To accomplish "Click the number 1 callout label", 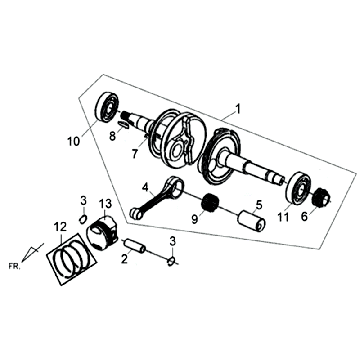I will (x=237, y=107).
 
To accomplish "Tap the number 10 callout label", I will (x=71, y=140).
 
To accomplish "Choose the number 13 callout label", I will (x=105, y=233).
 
